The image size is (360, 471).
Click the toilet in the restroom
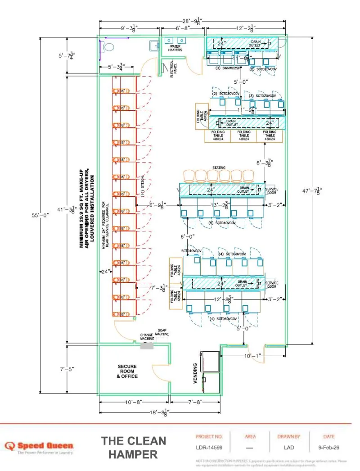108,46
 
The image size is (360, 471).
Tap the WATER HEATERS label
175,48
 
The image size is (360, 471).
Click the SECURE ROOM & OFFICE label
127,371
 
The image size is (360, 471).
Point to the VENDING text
195,373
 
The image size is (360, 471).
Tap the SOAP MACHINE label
162,332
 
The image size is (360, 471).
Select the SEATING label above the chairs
219,168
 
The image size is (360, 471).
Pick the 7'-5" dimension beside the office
66,369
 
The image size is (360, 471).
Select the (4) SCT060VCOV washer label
224,318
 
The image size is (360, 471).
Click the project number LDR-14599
209,448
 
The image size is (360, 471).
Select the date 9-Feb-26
328,448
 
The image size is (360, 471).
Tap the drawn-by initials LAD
289,448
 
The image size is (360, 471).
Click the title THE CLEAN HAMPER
134,448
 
